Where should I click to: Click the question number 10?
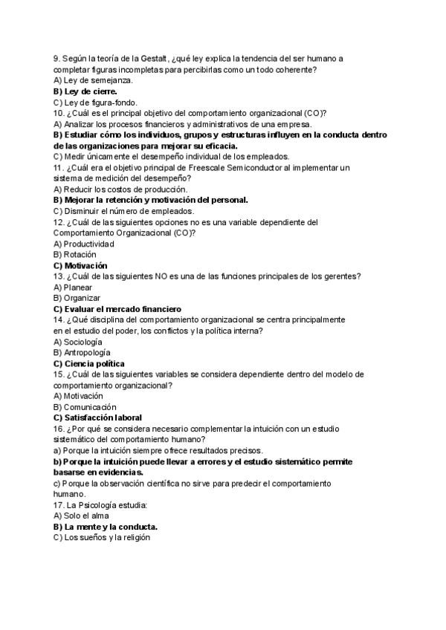pos(59,113)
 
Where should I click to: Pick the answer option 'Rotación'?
pos(75,255)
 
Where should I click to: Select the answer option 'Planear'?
pos(72,288)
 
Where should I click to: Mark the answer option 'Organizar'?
pos(77,298)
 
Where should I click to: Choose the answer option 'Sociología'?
pos(77,342)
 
